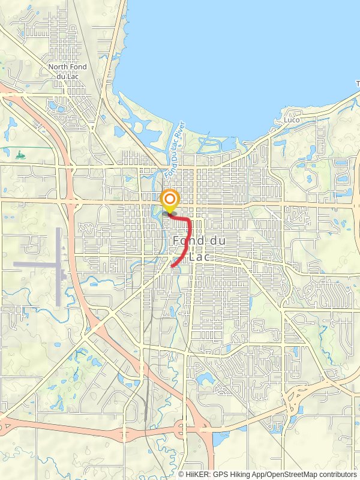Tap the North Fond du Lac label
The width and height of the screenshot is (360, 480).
coord(68,71)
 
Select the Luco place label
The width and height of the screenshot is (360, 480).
coord(292,120)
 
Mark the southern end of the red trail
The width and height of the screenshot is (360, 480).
coord(173,266)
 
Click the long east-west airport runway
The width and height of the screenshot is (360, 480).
coord(36,263)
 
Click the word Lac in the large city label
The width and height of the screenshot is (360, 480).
coord(199,256)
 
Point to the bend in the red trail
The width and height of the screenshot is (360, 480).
coord(189,223)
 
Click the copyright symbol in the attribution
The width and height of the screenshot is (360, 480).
coord(181,474)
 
